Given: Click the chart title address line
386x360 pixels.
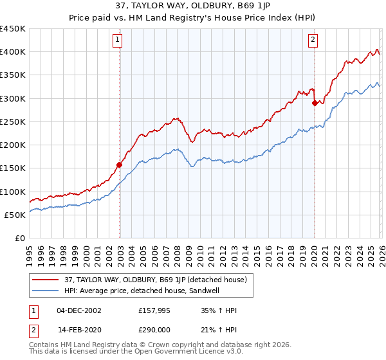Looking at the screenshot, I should (193, 7).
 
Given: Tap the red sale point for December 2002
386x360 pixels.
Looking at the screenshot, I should (120, 165).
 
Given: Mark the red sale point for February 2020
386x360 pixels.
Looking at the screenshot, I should (315, 103).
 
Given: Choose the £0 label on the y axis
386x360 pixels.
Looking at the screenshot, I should (19, 238).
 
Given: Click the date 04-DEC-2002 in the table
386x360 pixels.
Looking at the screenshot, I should (79, 310).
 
